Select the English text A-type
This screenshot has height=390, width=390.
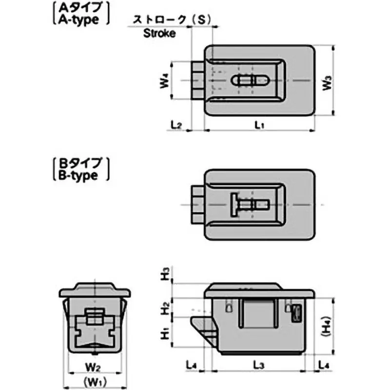point(80,19)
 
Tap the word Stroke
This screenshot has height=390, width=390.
point(159,34)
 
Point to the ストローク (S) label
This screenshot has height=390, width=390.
point(168,19)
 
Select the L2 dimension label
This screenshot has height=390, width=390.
point(176,125)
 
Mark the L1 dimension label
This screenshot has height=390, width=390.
point(259,125)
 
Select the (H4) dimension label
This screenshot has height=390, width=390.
point(327,325)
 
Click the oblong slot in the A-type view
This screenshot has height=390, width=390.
point(253,80)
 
